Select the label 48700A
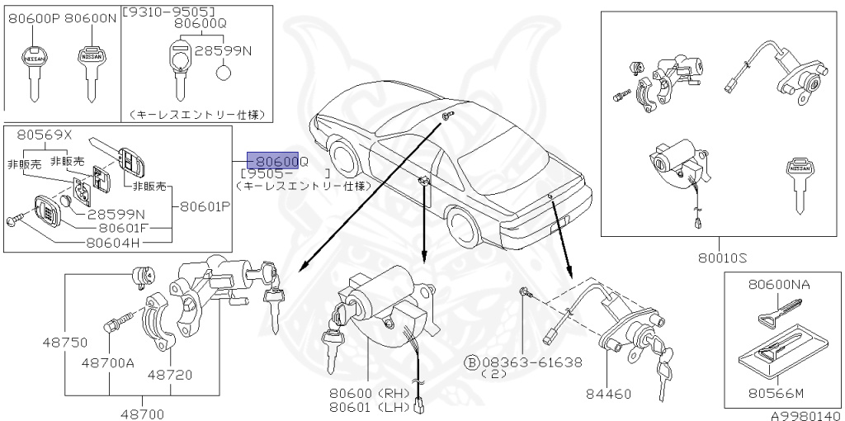(108, 362)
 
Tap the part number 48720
(170, 374)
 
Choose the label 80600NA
(778, 284)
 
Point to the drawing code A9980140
(805, 415)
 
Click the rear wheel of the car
(463, 224)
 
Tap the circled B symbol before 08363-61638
(473, 362)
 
